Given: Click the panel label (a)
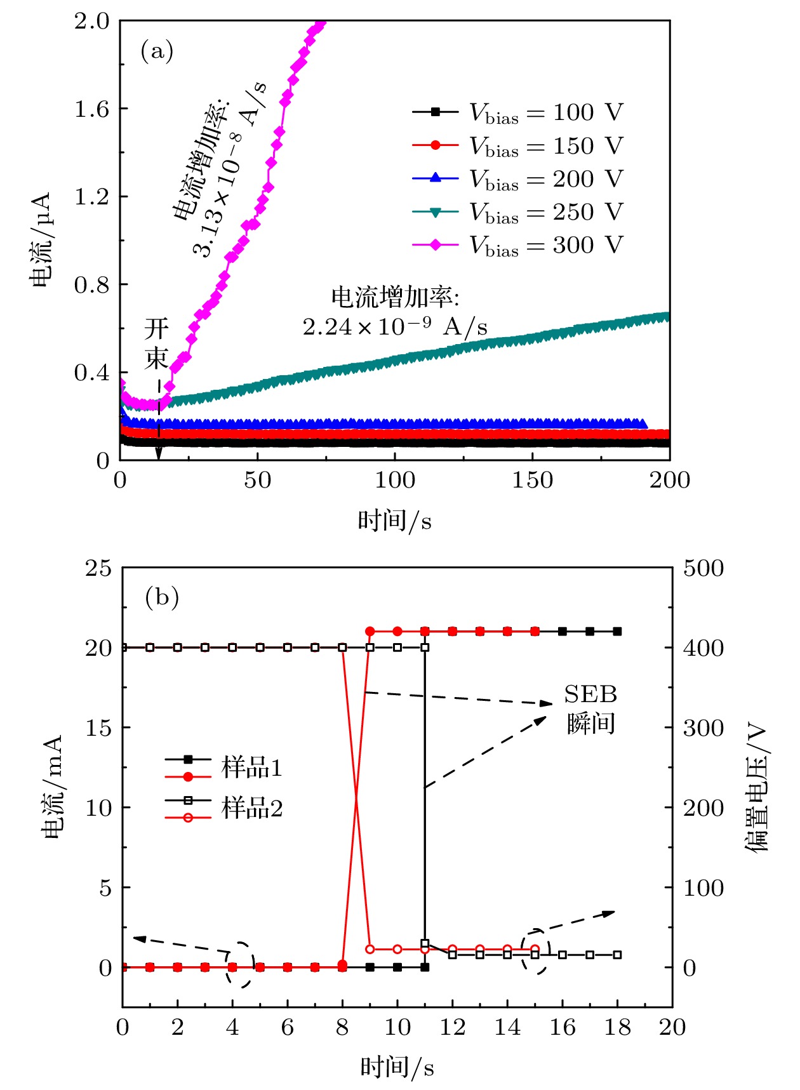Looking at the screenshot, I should pyautogui.click(x=156, y=51).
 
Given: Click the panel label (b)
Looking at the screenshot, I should pyautogui.click(x=162, y=597).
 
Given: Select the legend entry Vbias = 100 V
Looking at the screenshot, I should pyautogui.click(x=545, y=113).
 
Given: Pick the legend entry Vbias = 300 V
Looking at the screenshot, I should pyautogui.click(x=545, y=245).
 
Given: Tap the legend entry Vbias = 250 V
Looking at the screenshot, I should pyautogui.click(x=545, y=212).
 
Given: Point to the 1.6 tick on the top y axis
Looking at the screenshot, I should pyautogui.click(x=91, y=109).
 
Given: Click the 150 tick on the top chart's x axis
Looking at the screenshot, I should pyautogui.click(x=532, y=481).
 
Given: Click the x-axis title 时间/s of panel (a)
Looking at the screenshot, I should pyautogui.click(x=394, y=521).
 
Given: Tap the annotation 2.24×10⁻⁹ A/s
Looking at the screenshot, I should pyautogui.click(x=395, y=327).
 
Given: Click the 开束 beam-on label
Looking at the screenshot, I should pyautogui.click(x=156, y=343).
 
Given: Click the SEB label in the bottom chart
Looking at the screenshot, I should pyautogui.click(x=590, y=695).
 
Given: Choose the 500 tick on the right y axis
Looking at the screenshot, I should pyautogui.click(x=703, y=568).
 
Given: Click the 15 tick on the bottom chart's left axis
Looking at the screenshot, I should pyautogui.click(x=98, y=728).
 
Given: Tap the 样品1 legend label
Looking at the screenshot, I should pyautogui.click(x=251, y=768).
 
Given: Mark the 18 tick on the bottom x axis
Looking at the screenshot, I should pyautogui.click(x=617, y=1027).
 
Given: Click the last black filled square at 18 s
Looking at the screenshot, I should pyautogui.click(x=617, y=632).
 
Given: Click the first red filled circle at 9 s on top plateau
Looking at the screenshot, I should pyautogui.click(x=370, y=632).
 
